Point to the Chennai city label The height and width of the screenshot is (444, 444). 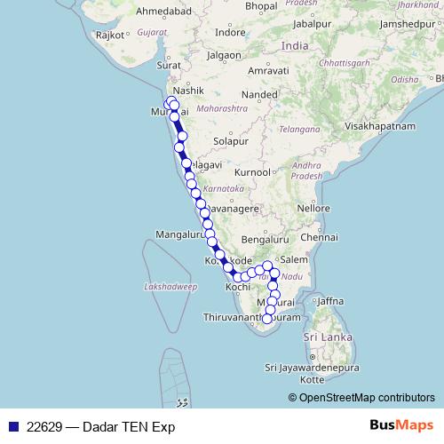coord(320,238)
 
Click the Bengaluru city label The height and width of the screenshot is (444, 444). coord(266,240)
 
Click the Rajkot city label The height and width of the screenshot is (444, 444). coord(110,35)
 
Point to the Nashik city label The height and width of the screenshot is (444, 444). coord(189,91)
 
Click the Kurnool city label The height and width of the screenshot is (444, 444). coord(252,171)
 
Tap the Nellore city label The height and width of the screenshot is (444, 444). coord(314,207)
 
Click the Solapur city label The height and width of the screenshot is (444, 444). coord(229,141)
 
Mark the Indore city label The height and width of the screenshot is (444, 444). coord(232,32)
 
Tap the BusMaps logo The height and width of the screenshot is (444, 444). coord(401,425)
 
